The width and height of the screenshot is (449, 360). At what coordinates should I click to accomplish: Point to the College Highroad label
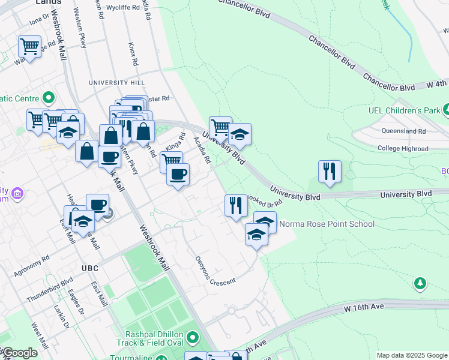(x=403, y=149)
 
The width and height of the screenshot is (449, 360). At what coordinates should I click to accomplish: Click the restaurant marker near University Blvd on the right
(x=330, y=171)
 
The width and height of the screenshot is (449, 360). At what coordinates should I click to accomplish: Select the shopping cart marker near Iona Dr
(x=29, y=46)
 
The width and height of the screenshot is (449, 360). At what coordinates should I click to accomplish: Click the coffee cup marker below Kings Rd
(x=177, y=175)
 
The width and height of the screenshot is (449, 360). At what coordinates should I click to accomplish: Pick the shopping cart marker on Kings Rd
(x=172, y=161)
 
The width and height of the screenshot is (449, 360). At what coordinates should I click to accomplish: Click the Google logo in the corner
(x=19, y=353)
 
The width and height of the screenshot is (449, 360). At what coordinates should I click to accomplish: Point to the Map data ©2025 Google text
(x=411, y=355)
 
